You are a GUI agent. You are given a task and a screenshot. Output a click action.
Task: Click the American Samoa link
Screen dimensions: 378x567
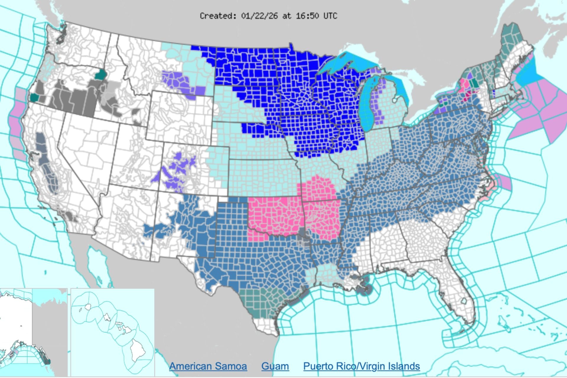pos(208,366)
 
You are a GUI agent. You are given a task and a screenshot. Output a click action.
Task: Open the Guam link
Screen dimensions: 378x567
pos(275,366)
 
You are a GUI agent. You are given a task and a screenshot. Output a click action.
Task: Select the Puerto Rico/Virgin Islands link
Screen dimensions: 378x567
pos(361,366)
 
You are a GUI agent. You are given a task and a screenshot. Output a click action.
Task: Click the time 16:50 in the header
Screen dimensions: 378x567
pos(307,16)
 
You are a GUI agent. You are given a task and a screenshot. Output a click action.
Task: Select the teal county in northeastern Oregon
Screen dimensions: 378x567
pos(100,75)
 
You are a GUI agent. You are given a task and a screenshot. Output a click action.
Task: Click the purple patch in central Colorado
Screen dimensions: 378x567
pos(180,168)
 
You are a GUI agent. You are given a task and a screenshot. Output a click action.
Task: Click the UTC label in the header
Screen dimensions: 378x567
pos(330,16)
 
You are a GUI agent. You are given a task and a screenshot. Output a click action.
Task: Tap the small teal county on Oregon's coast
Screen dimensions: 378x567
pos(35,97)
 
